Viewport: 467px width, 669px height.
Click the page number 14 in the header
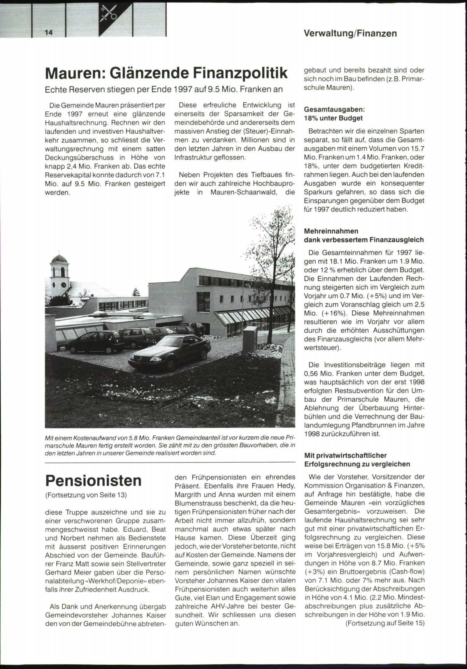tap(49, 33)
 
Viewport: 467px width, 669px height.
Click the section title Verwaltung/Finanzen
tap(350, 33)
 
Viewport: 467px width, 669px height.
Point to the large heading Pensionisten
tap(93, 481)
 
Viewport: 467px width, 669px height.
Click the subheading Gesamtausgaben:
tap(334, 110)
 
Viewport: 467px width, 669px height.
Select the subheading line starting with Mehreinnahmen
tap(331, 231)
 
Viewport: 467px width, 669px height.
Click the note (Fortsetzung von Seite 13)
tap(86, 495)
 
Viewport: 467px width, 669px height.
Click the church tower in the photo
tap(60, 273)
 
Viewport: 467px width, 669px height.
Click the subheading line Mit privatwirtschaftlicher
tap(345, 455)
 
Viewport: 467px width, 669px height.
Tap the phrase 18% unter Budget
tap(333, 118)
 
